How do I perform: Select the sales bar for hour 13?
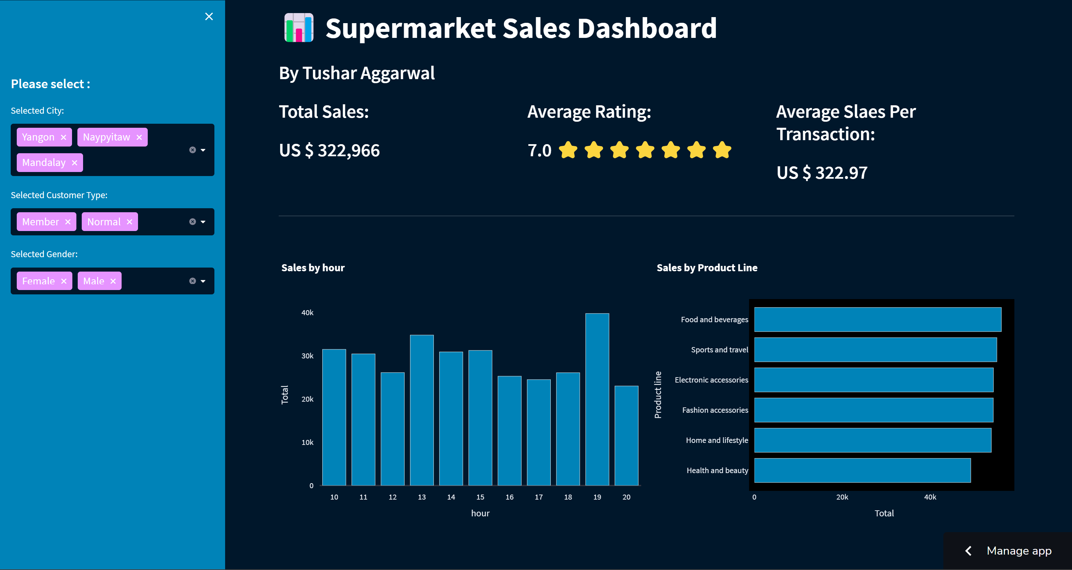coord(421,410)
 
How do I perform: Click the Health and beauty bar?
coord(862,470)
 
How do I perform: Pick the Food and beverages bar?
coord(877,320)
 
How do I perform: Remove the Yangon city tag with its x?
coord(63,137)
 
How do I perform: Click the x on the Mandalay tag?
coord(74,163)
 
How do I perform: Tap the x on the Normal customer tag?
coord(129,222)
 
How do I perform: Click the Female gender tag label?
coord(38,281)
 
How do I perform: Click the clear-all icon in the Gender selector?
coord(192,281)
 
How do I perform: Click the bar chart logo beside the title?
coord(298,28)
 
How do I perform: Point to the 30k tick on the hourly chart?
coord(307,356)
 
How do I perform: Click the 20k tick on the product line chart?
coord(842,497)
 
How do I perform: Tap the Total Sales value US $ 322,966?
coord(329,151)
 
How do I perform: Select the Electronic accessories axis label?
coord(711,380)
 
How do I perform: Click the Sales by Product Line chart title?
coord(707,268)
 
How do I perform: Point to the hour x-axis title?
coord(480,513)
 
